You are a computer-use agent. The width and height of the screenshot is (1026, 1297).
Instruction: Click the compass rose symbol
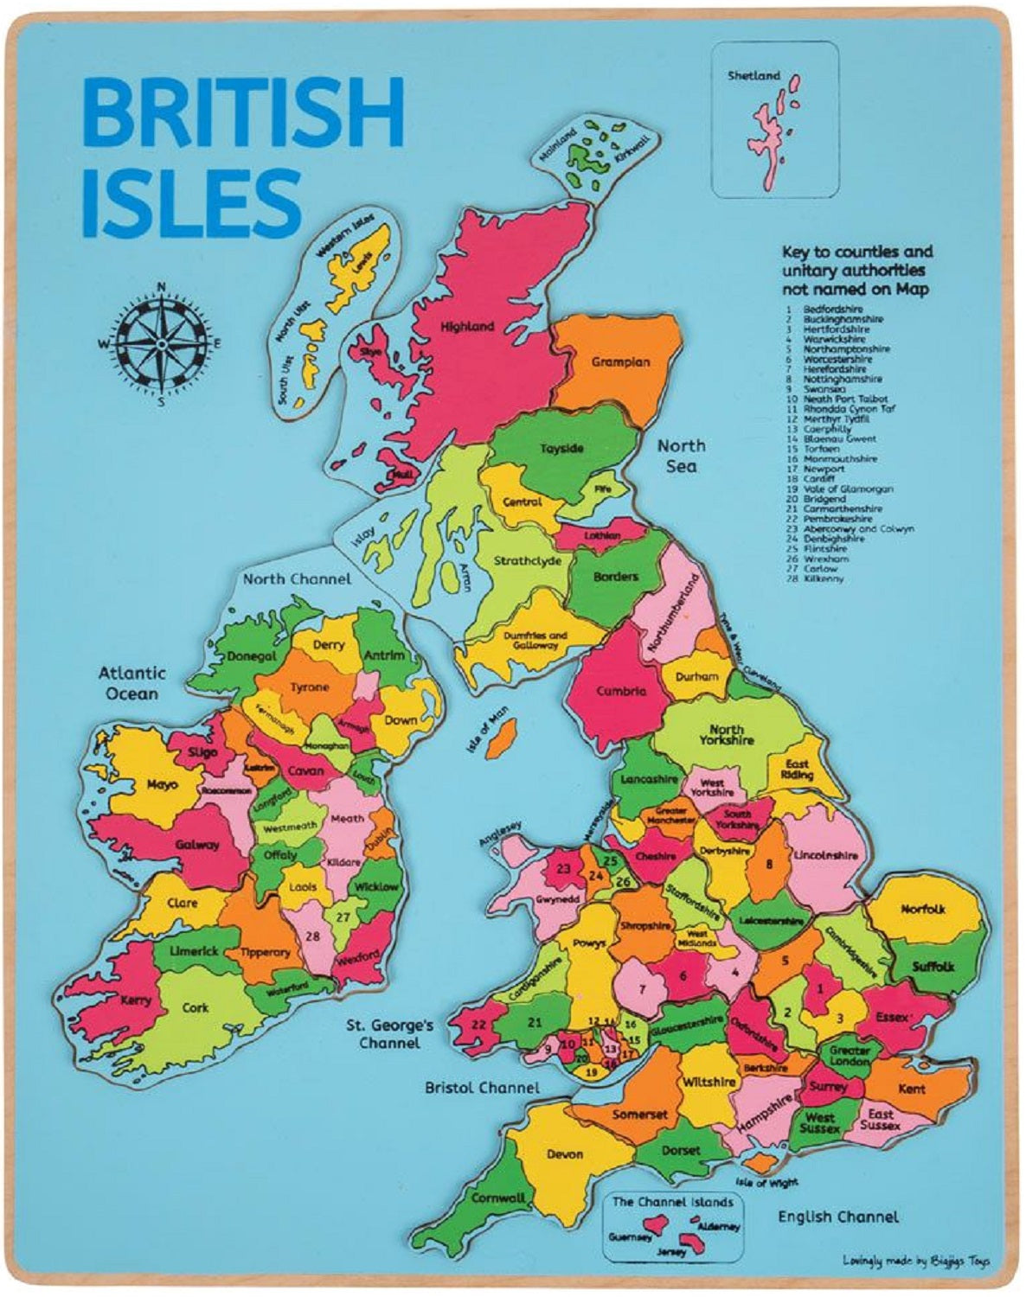(x=160, y=343)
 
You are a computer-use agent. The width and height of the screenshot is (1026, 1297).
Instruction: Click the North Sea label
(x=681, y=456)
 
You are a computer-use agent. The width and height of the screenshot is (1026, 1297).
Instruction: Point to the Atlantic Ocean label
(x=131, y=683)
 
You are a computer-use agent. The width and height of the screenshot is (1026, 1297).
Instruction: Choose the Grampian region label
(x=620, y=362)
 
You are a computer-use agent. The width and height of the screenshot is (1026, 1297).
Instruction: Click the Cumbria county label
(x=621, y=692)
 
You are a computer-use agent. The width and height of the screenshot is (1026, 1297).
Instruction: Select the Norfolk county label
(x=923, y=909)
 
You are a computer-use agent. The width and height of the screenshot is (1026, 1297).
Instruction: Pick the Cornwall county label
(x=498, y=1198)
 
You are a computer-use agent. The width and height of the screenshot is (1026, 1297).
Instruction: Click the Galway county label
(x=197, y=845)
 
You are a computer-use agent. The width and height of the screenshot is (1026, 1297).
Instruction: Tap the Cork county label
(x=196, y=1008)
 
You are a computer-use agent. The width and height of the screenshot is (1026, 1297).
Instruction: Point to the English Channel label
(x=837, y=1217)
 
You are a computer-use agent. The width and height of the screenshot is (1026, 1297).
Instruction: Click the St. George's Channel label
(x=389, y=1034)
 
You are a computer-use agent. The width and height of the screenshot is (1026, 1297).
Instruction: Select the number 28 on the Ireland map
(x=313, y=936)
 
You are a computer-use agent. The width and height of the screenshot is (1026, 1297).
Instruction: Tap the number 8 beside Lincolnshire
(x=768, y=863)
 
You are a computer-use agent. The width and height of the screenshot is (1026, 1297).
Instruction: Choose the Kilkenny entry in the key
(x=823, y=578)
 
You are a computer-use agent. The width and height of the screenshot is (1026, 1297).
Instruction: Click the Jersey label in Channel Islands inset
(x=671, y=1251)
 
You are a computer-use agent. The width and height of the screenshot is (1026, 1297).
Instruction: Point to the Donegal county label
(x=252, y=656)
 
